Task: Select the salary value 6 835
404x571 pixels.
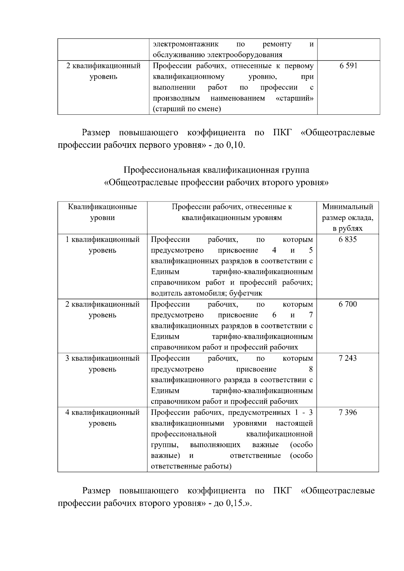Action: (347, 240)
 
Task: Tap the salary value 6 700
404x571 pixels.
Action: (347, 305)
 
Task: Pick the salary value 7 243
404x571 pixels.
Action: (347, 358)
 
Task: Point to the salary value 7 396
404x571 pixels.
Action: (347, 413)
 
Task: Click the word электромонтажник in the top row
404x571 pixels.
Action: (186, 44)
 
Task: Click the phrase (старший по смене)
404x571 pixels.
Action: (187, 109)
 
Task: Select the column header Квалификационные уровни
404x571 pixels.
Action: (102, 212)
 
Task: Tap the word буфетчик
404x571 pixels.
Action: (246, 293)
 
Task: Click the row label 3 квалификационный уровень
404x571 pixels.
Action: (102, 364)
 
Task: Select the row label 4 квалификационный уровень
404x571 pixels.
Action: (102, 418)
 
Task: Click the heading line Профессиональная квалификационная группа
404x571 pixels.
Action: (216, 170)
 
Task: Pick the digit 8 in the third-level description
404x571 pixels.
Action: (311, 369)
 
